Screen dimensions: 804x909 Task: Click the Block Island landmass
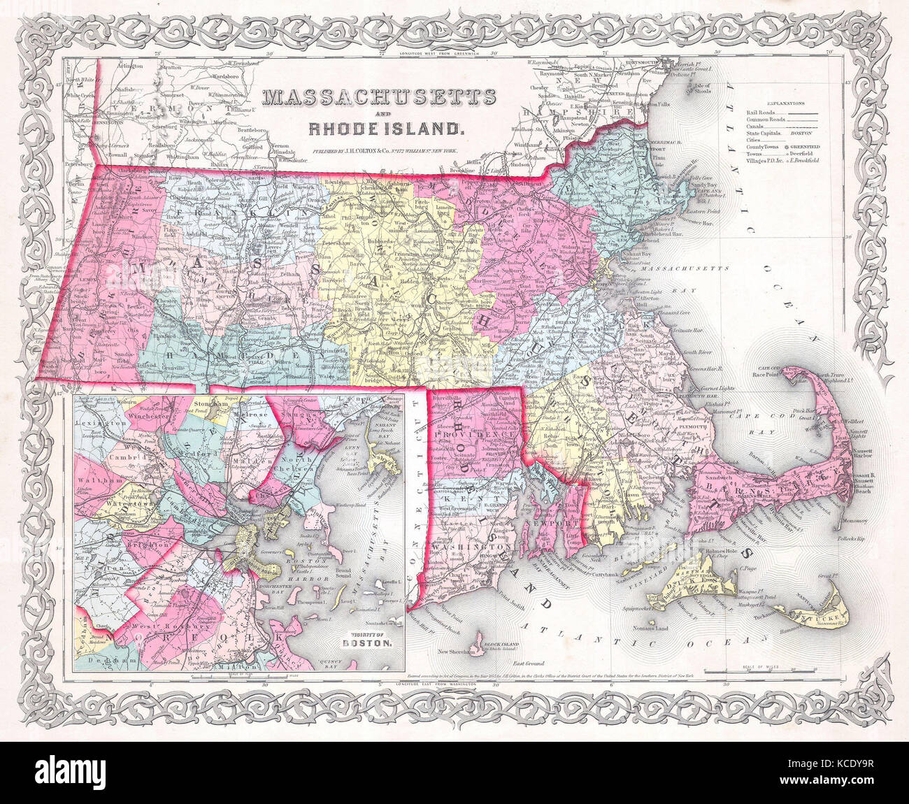coord(483,641)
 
